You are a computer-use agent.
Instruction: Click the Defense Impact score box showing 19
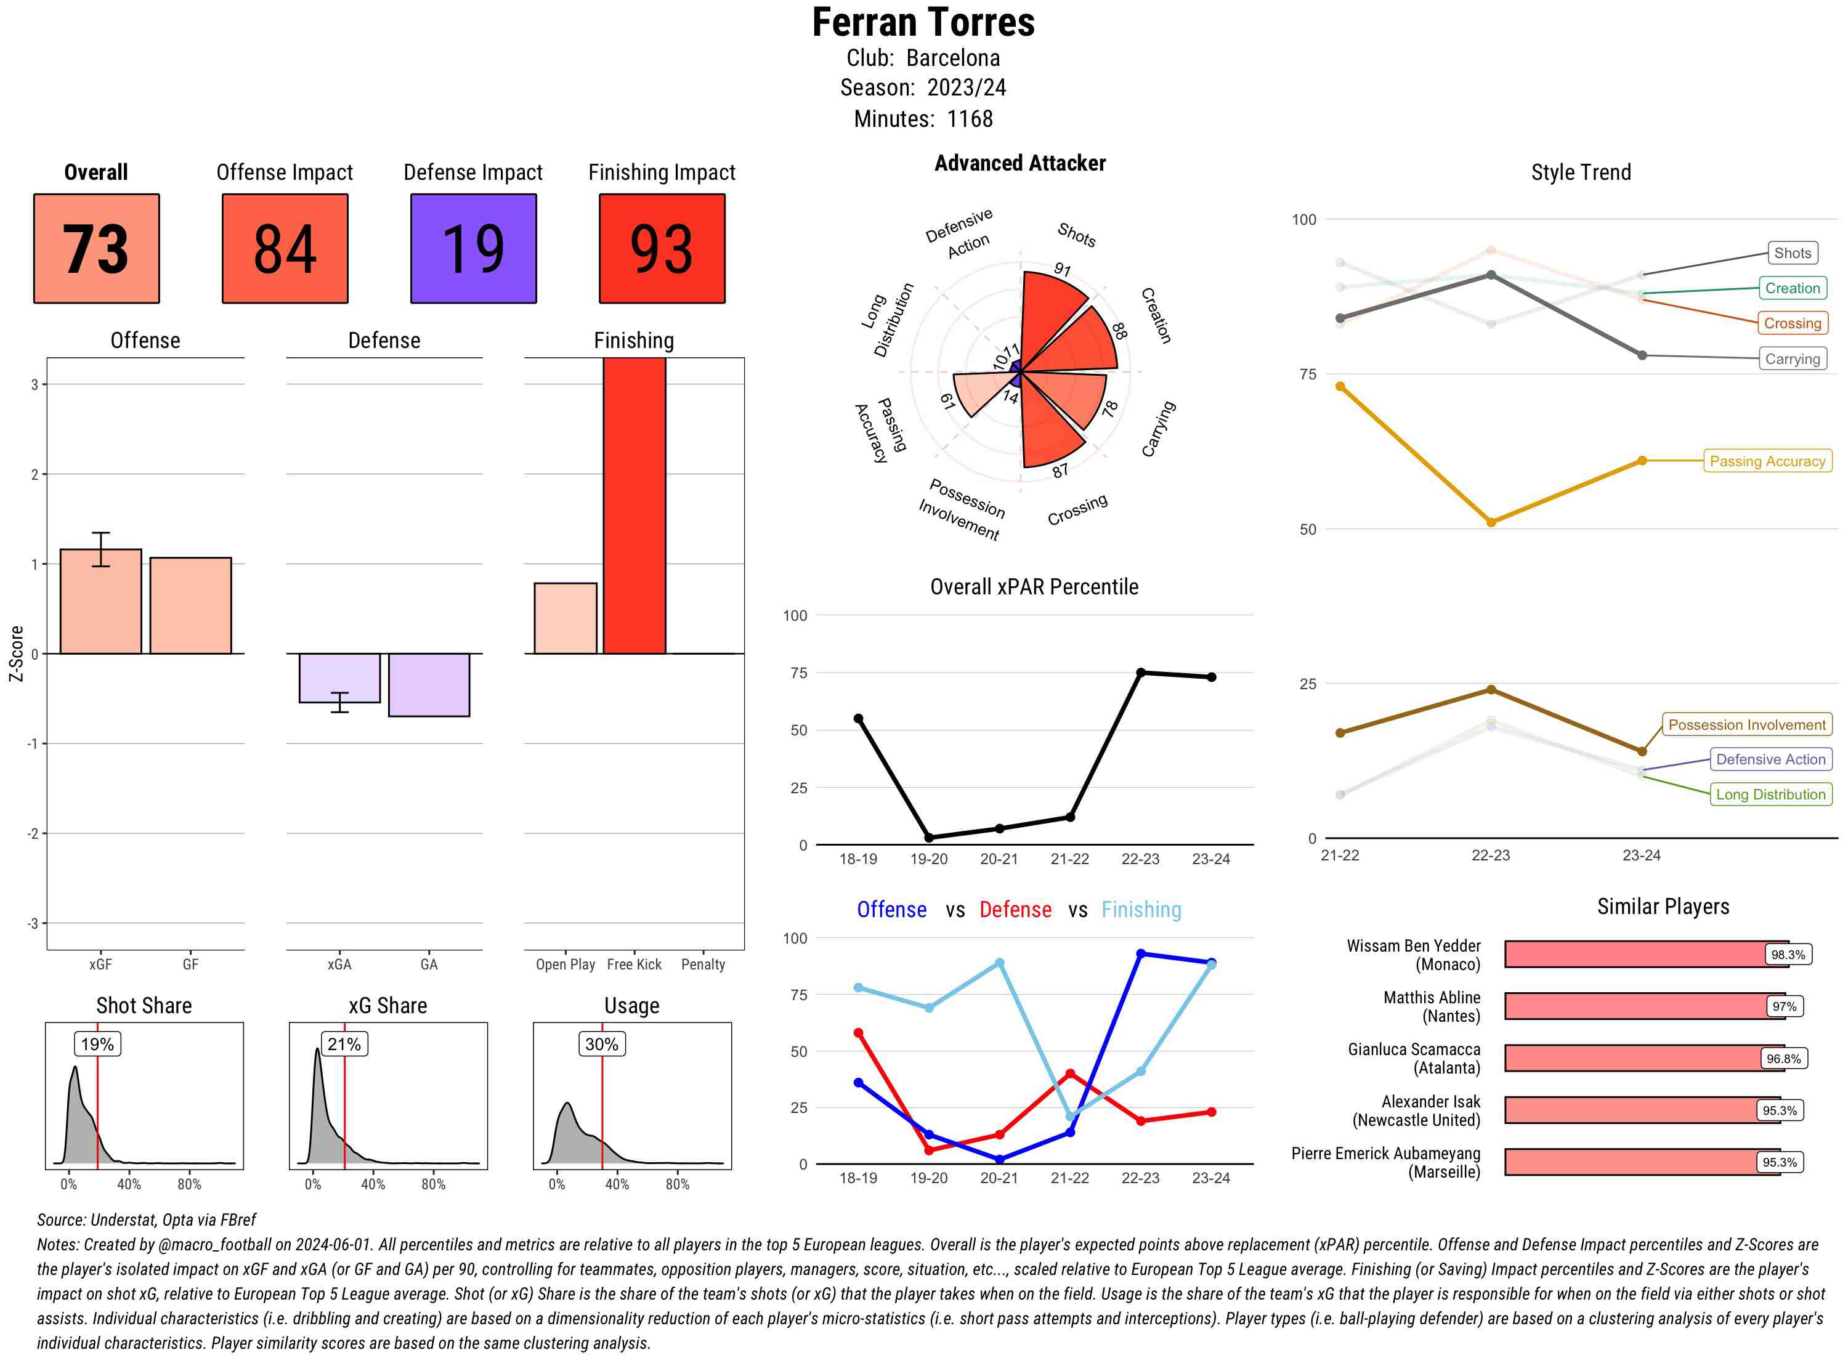click(x=473, y=249)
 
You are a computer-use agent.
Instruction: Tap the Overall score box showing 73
click(x=96, y=249)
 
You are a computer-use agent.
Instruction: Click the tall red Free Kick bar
click(x=634, y=504)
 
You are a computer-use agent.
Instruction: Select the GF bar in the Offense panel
click(x=190, y=605)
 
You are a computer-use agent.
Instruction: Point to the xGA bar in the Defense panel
click(x=339, y=678)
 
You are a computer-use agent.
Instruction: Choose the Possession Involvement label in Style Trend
click(x=1746, y=724)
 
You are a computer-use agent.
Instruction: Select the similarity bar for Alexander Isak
click(x=1640, y=1110)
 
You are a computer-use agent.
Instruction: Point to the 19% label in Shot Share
click(x=97, y=1044)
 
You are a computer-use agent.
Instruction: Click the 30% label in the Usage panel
click(x=601, y=1044)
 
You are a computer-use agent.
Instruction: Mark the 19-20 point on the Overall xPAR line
click(x=928, y=838)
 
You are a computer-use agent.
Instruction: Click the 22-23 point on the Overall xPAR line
click(x=1140, y=673)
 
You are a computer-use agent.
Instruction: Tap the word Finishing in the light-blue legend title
click(x=1141, y=910)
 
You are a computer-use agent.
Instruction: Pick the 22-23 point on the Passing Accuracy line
click(x=1490, y=522)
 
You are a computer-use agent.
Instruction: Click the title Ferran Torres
click(x=923, y=23)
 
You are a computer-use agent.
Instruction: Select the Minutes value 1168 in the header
click(x=970, y=119)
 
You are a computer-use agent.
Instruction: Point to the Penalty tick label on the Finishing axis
click(x=703, y=965)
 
